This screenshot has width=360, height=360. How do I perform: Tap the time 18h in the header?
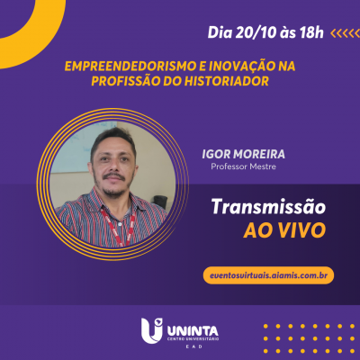point(308,33)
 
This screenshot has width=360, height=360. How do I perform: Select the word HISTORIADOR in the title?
point(230,81)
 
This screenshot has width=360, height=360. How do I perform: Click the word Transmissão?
point(267,208)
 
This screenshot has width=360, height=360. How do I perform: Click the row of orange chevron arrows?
point(344,33)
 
